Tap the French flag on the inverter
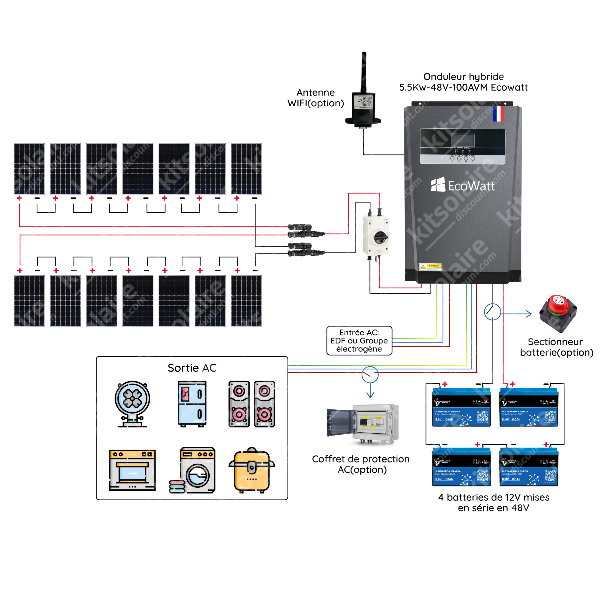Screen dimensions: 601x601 tap(498, 114)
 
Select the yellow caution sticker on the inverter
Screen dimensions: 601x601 tap(431, 267)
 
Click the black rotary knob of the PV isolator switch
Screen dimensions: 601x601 tap(381, 237)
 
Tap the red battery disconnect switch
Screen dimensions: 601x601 tap(558, 313)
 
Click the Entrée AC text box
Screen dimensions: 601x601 tap(359, 341)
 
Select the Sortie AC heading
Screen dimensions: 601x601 tap(192, 368)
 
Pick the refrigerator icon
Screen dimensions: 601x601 tap(192, 404)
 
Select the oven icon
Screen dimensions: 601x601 tap(132, 470)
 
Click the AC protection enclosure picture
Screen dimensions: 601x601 tap(363, 424)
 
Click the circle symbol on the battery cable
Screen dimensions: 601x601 tap(493, 312)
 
